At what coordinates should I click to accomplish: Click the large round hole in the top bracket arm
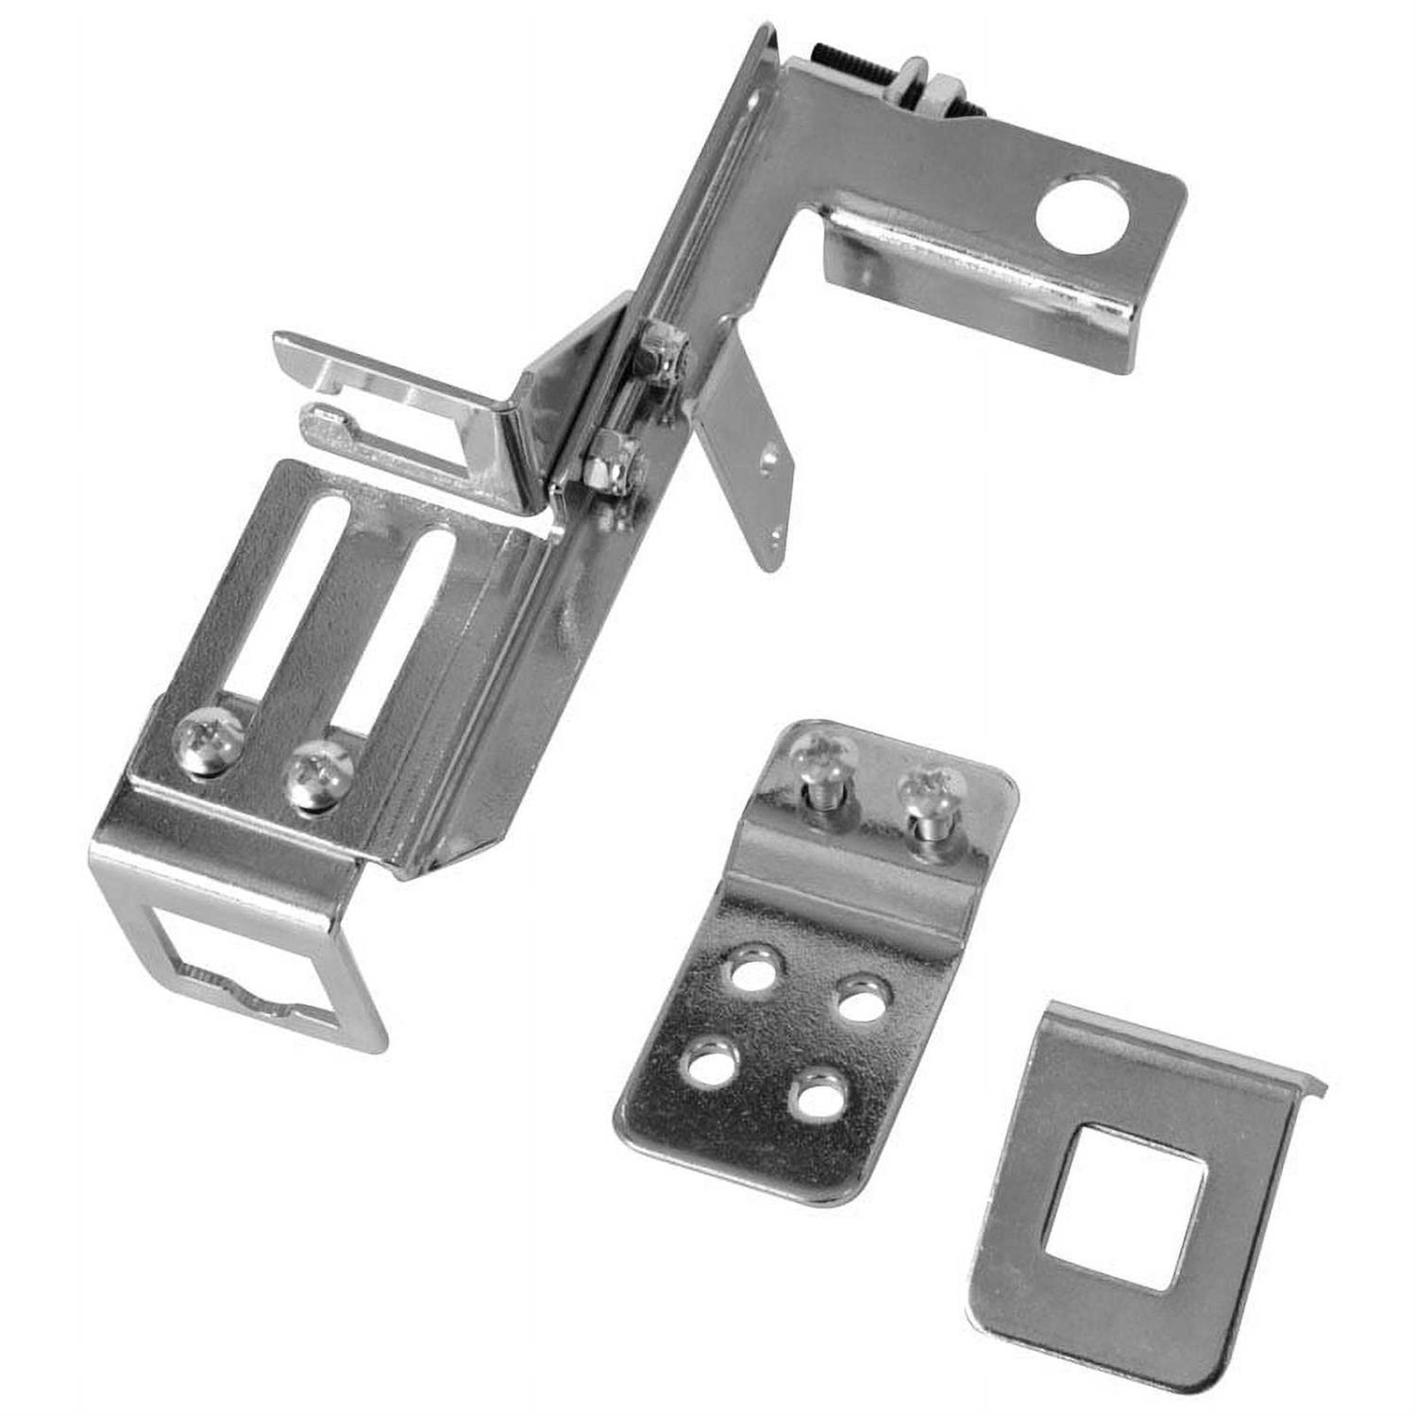click(x=1082, y=213)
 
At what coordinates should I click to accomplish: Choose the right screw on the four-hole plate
click(x=931, y=788)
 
